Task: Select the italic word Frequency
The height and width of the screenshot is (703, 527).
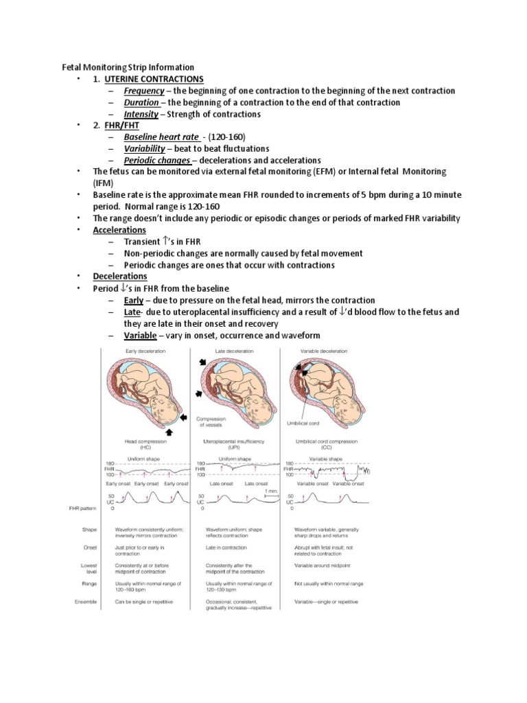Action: (144, 91)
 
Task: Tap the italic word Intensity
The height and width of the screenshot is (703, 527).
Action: (141, 114)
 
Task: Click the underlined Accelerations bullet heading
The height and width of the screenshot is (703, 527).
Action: (119, 230)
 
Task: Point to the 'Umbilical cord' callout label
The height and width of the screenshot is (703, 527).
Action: (313, 425)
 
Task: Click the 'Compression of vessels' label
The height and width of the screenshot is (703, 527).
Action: (211, 422)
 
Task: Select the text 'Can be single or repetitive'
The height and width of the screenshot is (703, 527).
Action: (144, 601)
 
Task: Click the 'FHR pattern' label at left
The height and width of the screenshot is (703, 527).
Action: (76, 509)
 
